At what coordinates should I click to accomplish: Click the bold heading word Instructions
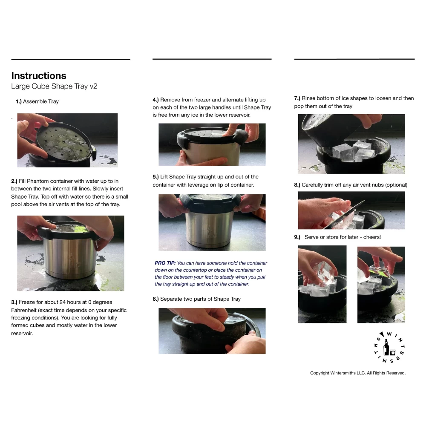(39, 75)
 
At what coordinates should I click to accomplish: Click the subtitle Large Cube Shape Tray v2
(54, 86)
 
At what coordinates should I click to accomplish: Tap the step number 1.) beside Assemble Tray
(18, 102)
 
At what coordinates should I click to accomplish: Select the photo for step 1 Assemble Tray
(67, 140)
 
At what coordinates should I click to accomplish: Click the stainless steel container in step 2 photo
(69, 258)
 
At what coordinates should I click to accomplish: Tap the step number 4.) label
(155, 100)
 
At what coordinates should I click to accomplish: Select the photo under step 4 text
(212, 144)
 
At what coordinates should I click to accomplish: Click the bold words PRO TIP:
(165, 263)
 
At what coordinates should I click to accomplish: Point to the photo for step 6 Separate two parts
(212, 331)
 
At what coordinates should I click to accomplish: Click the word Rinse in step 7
(308, 98)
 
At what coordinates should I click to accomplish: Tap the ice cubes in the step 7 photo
(353, 151)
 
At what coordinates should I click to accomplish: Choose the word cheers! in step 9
(372, 237)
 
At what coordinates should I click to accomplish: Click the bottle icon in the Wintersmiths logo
(386, 347)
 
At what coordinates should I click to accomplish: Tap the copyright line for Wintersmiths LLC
(358, 373)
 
